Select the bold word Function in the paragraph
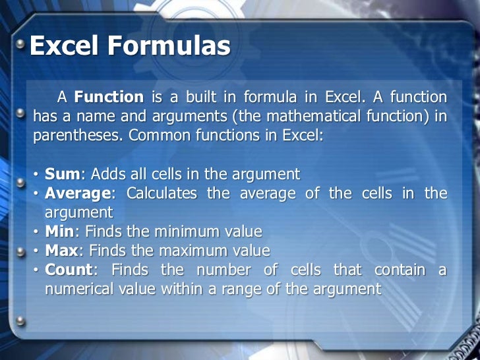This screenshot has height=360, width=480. pos(109,98)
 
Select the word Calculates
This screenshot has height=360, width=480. pos(162,193)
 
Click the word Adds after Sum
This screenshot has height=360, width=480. pos(106,174)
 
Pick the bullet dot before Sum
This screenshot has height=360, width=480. pos(36,175)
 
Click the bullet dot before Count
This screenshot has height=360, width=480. pos(36,270)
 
